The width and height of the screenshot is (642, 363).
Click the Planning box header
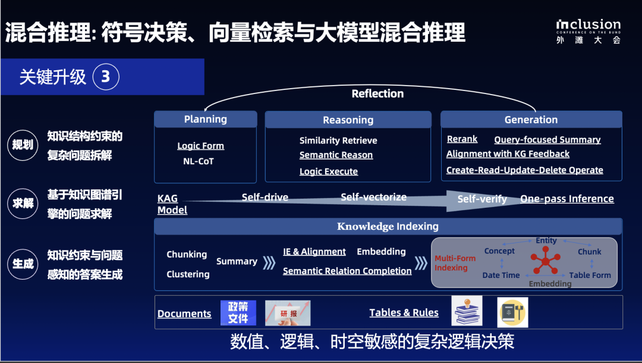(205, 120)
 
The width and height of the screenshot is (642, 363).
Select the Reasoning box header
(348, 120)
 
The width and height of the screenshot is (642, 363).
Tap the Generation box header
(531, 120)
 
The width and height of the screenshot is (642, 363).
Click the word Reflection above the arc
(377, 93)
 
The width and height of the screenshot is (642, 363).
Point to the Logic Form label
(200, 146)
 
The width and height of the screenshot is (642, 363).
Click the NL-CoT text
(198, 161)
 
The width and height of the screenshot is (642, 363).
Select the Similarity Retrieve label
(338, 140)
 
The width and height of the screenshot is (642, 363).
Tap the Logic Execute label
(329, 171)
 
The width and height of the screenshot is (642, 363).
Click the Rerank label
(462, 139)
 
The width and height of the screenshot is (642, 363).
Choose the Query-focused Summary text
(547, 140)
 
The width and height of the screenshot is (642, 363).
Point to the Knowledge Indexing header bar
(388, 226)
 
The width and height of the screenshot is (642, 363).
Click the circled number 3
(106, 77)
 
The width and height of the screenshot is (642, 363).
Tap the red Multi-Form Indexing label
(455, 263)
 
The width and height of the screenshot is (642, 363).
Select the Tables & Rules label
(404, 312)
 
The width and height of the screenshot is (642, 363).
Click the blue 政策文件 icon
(238, 313)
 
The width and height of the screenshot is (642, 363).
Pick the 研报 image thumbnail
(288, 313)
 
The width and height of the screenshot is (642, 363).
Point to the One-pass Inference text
(567, 199)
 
